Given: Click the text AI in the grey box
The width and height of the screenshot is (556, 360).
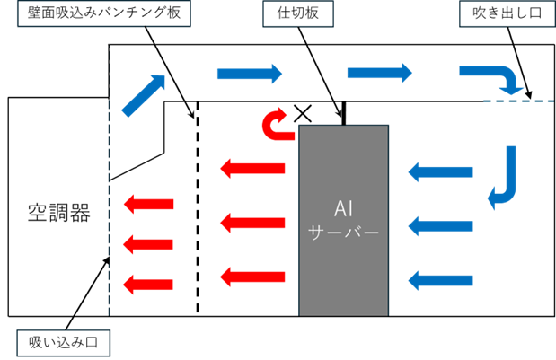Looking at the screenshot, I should [x=343, y=208].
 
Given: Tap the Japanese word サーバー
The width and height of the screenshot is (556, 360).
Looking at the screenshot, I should [x=343, y=232].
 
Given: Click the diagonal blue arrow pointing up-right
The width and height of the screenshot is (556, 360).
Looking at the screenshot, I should [x=145, y=95].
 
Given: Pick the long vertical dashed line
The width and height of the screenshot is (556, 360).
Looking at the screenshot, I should [x=110, y=180].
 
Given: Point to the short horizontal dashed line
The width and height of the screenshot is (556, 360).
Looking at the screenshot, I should [x=518, y=101].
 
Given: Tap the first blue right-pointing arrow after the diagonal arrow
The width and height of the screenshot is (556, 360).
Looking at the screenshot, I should [x=250, y=74].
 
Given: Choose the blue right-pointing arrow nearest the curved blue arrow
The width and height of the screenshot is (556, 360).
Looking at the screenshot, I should [x=380, y=73].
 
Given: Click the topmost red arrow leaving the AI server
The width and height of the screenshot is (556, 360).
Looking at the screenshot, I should [x=252, y=168].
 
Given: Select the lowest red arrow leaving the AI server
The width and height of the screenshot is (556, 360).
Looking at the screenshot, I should [x=252, y=277].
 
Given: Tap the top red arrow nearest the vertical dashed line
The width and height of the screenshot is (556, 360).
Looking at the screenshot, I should [x=148, y=205].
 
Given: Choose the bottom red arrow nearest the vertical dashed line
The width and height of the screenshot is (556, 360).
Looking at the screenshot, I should [x=148, y=285].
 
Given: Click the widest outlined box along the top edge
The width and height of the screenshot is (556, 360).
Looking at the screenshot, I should [x=104, y=13].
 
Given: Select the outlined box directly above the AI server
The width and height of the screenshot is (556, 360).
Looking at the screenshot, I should [x=297, y=13].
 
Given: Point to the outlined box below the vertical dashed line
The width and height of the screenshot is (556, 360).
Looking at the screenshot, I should [x=64, y=343].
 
